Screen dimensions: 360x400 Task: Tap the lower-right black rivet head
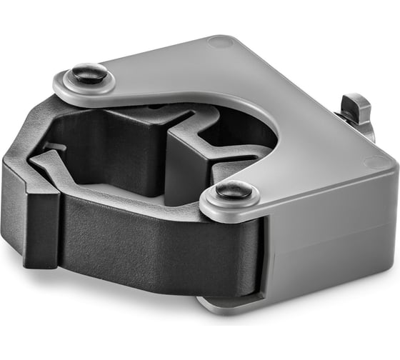click(x=234, y=191)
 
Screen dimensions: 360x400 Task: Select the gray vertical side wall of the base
click(x=329, y=243)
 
